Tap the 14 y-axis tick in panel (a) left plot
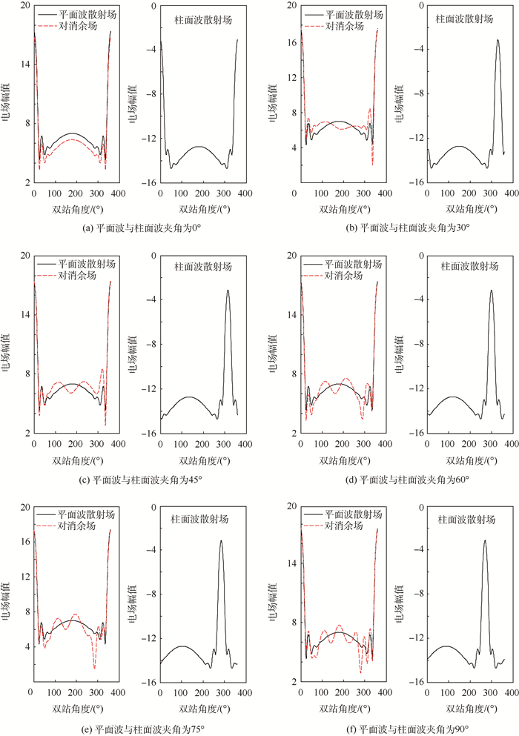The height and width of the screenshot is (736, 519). (24, 64)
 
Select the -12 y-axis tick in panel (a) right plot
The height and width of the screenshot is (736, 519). (147, 139)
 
